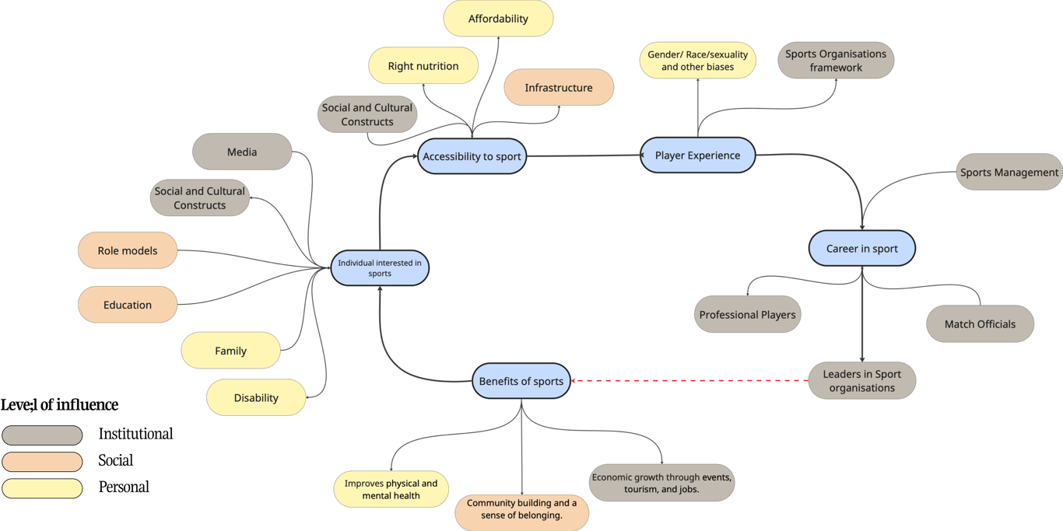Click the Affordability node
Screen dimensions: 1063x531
pos(498,19)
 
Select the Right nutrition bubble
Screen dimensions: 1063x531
pos(423,65)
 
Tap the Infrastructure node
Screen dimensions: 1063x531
pos(559,87)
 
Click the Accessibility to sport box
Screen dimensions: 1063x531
pos(472,156)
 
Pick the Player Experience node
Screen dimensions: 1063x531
pos(697,155)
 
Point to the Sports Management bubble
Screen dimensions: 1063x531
pos(1009,172)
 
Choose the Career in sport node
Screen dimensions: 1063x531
pos(861,249)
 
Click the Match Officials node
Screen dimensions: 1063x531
pos(980,324)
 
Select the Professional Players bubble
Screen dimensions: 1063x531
pos(747,314)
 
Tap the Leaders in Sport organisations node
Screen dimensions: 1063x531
pos(861,381)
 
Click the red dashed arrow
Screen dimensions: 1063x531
pos(689,381)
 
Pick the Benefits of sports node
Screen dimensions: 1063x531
pos(521,381)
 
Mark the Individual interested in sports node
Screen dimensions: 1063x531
pos(380,268)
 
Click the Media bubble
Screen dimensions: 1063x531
pos(242,152)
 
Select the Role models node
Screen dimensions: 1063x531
pos(128,250)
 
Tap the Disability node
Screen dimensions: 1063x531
pos(256,397)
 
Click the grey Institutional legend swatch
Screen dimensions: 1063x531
pos(42,435)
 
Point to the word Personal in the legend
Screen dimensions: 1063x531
pos(124,487)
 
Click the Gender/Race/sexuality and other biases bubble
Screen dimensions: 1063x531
pos(697,60)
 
